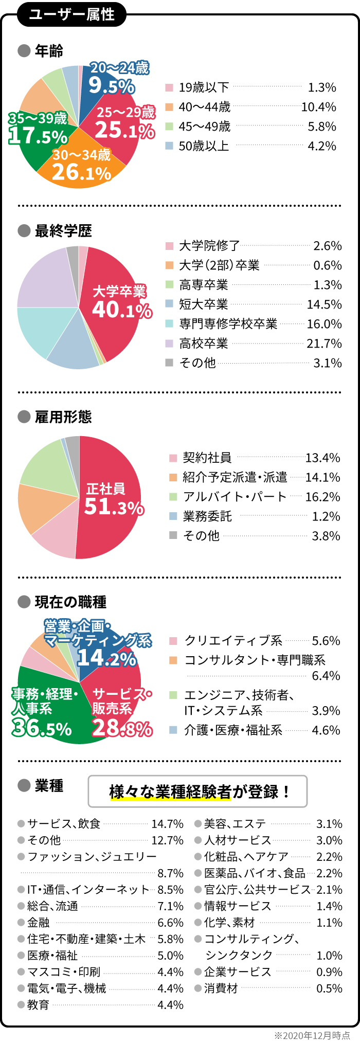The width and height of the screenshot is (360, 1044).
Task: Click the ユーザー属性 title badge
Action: pyautogui.click(x=71, y=14)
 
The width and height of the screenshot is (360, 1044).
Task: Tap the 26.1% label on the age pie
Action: pyautogui.click(x=82, y=172)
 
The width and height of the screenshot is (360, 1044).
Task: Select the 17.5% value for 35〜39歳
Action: pyautogui.click(x=38, y=136)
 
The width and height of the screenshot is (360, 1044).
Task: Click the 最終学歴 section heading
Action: pyautogui.click(x=63, y=231)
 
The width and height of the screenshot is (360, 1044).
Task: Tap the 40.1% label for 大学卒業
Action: pyautogui.click(x=122, y=310)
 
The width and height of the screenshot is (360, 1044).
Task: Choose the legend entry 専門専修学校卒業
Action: pyautogui.click(x=228, y=324)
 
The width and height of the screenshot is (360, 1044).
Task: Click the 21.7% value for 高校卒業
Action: pyautogui.click(x=325, y=344)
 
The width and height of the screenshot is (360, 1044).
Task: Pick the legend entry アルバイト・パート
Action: pyautogui.click(x=235, y=497)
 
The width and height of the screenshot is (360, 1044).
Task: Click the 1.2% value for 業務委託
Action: pyautogui.click(x=327, y=516)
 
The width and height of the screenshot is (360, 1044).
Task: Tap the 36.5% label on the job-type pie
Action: pyautogui.click(x=42, y=728)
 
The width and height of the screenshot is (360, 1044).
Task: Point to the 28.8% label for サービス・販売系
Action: pyautogui.click(x=122, y=728)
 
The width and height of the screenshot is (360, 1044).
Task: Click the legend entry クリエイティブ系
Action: pyautogui.click(x=233, y=641)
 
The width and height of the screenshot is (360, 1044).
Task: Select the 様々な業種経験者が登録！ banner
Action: pyautogui.click(x=198, y=791)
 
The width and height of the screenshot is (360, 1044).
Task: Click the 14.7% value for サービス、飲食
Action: pyautogui.click(x=168, y=824)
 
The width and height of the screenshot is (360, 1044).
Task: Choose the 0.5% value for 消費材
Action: pyautogui.click(x=330, y=988)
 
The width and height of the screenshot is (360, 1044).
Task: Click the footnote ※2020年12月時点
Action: pyautogui.click(x=312, y=1035)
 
